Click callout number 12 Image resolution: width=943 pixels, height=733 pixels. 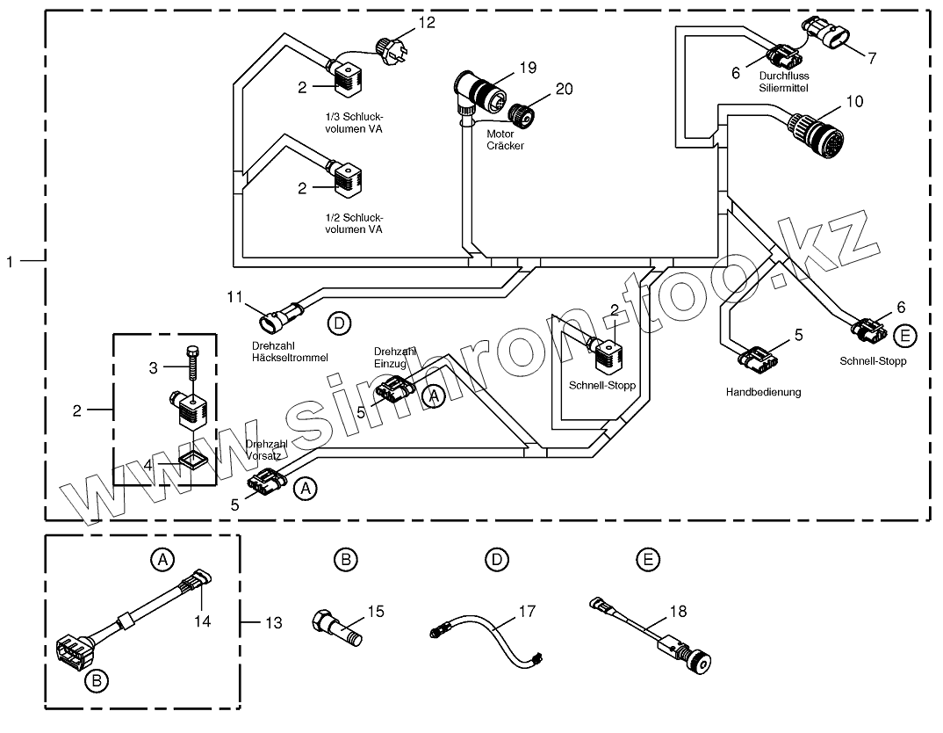[427, 22]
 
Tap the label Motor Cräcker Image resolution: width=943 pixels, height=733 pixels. [505, 140]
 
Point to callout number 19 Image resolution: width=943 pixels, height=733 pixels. [528, 68]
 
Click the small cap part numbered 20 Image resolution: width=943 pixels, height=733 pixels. [520, 115]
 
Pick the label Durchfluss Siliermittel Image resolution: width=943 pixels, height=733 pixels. [783, 82]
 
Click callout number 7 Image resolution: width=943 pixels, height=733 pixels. [871, 58]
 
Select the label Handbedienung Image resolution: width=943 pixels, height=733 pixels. [763, 392]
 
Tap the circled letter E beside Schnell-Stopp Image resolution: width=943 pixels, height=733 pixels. [905, 336]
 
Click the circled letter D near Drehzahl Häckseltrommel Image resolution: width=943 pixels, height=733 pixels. [339, 323]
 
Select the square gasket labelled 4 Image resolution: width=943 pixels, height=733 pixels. [192, 462]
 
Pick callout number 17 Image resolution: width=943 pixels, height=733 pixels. [527, 612]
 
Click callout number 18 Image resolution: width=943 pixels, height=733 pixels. [678, 612]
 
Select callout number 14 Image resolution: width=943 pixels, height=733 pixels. [203, 621]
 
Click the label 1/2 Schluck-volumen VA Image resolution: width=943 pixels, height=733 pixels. [354, 223]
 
